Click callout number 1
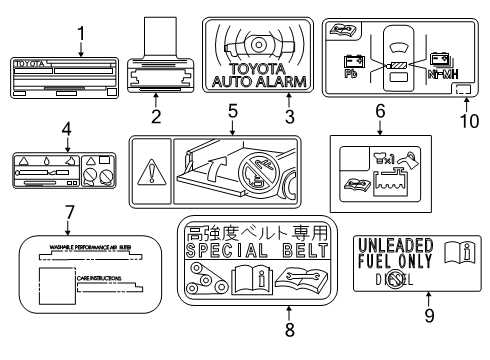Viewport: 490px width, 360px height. pos(80,33)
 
